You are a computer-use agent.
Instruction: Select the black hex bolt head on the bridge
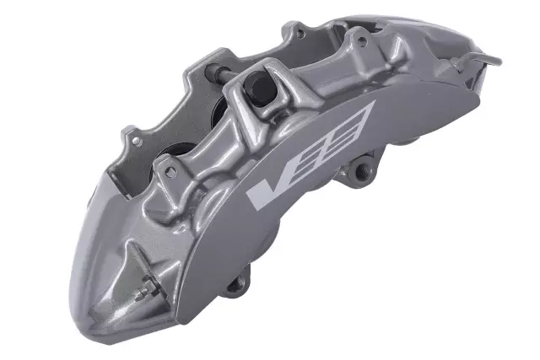[x=255, y=86]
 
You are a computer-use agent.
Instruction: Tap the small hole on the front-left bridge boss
[x=172, y=171]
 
